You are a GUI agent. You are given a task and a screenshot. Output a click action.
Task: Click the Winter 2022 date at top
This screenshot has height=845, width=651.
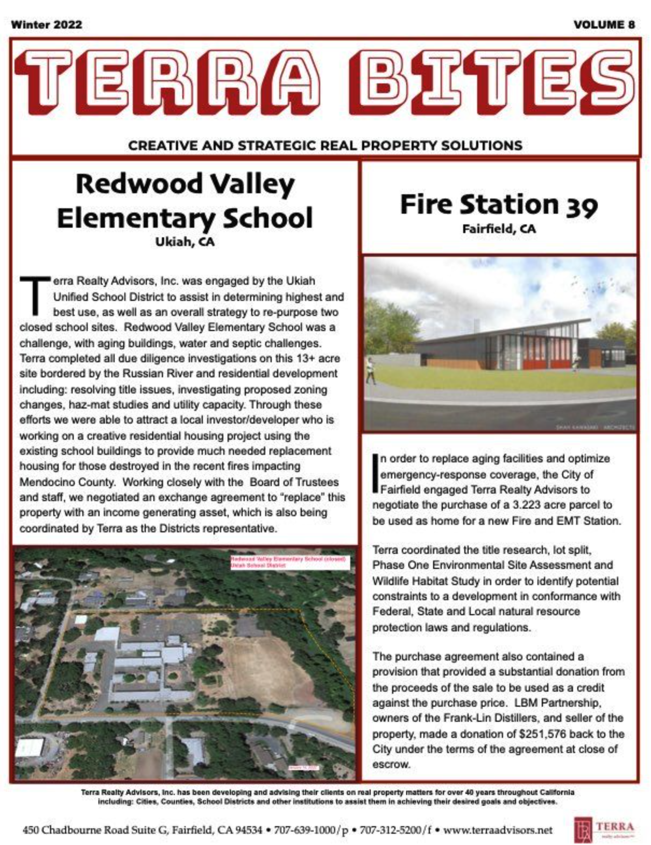point(46,24)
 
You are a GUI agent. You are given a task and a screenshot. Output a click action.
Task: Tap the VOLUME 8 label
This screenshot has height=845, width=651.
point(604,24)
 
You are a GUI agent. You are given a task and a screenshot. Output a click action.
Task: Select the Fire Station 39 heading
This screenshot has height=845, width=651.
point(498,205)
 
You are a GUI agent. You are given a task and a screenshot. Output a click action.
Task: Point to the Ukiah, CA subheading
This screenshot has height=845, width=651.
point(185,242)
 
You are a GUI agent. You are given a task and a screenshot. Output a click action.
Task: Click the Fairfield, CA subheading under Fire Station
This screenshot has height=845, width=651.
point(499,229)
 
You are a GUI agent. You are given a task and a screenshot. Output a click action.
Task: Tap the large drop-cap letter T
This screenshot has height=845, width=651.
point(34,295)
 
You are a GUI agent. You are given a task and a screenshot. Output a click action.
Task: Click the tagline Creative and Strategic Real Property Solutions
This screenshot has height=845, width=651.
point(325,145)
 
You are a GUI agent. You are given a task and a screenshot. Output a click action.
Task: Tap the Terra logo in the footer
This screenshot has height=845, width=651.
point(603,829)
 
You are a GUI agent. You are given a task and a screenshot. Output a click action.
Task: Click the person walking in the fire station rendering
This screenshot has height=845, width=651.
point(371,370)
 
